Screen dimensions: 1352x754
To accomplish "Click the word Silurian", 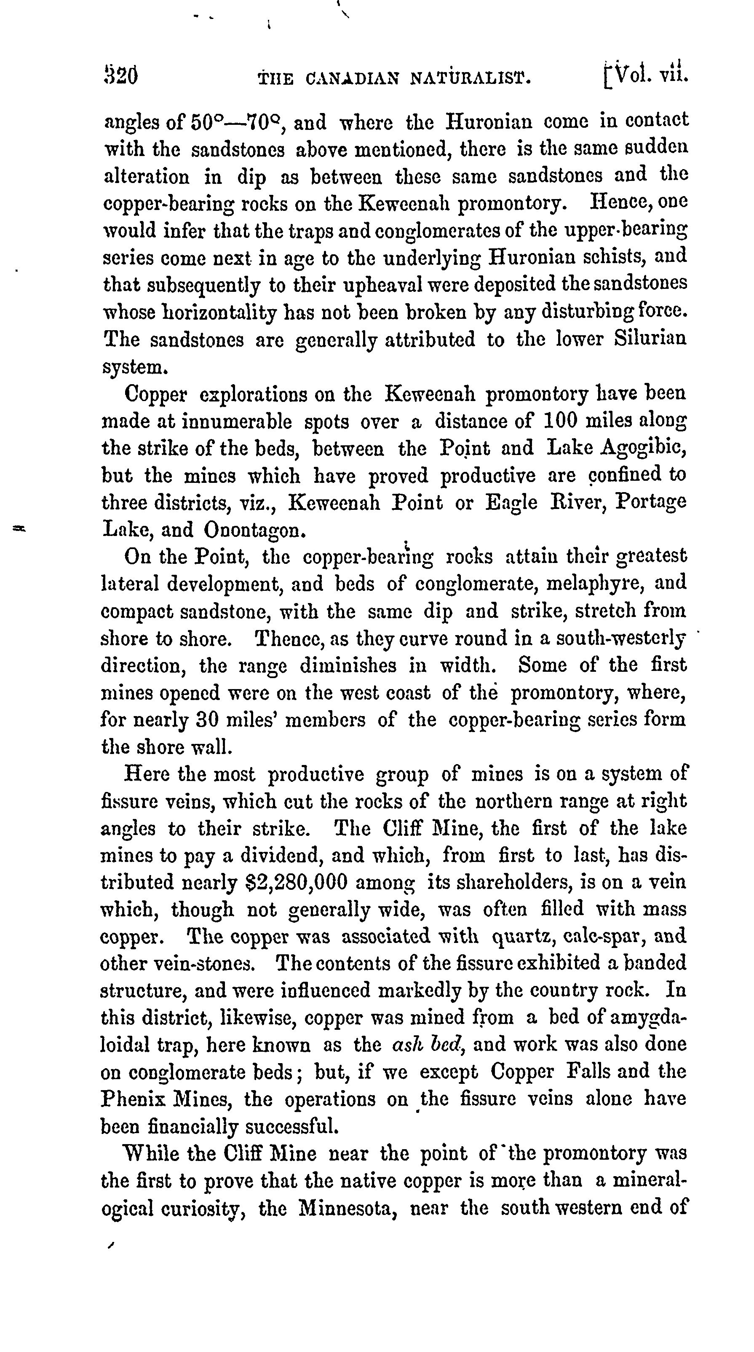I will tap(650, 339).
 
